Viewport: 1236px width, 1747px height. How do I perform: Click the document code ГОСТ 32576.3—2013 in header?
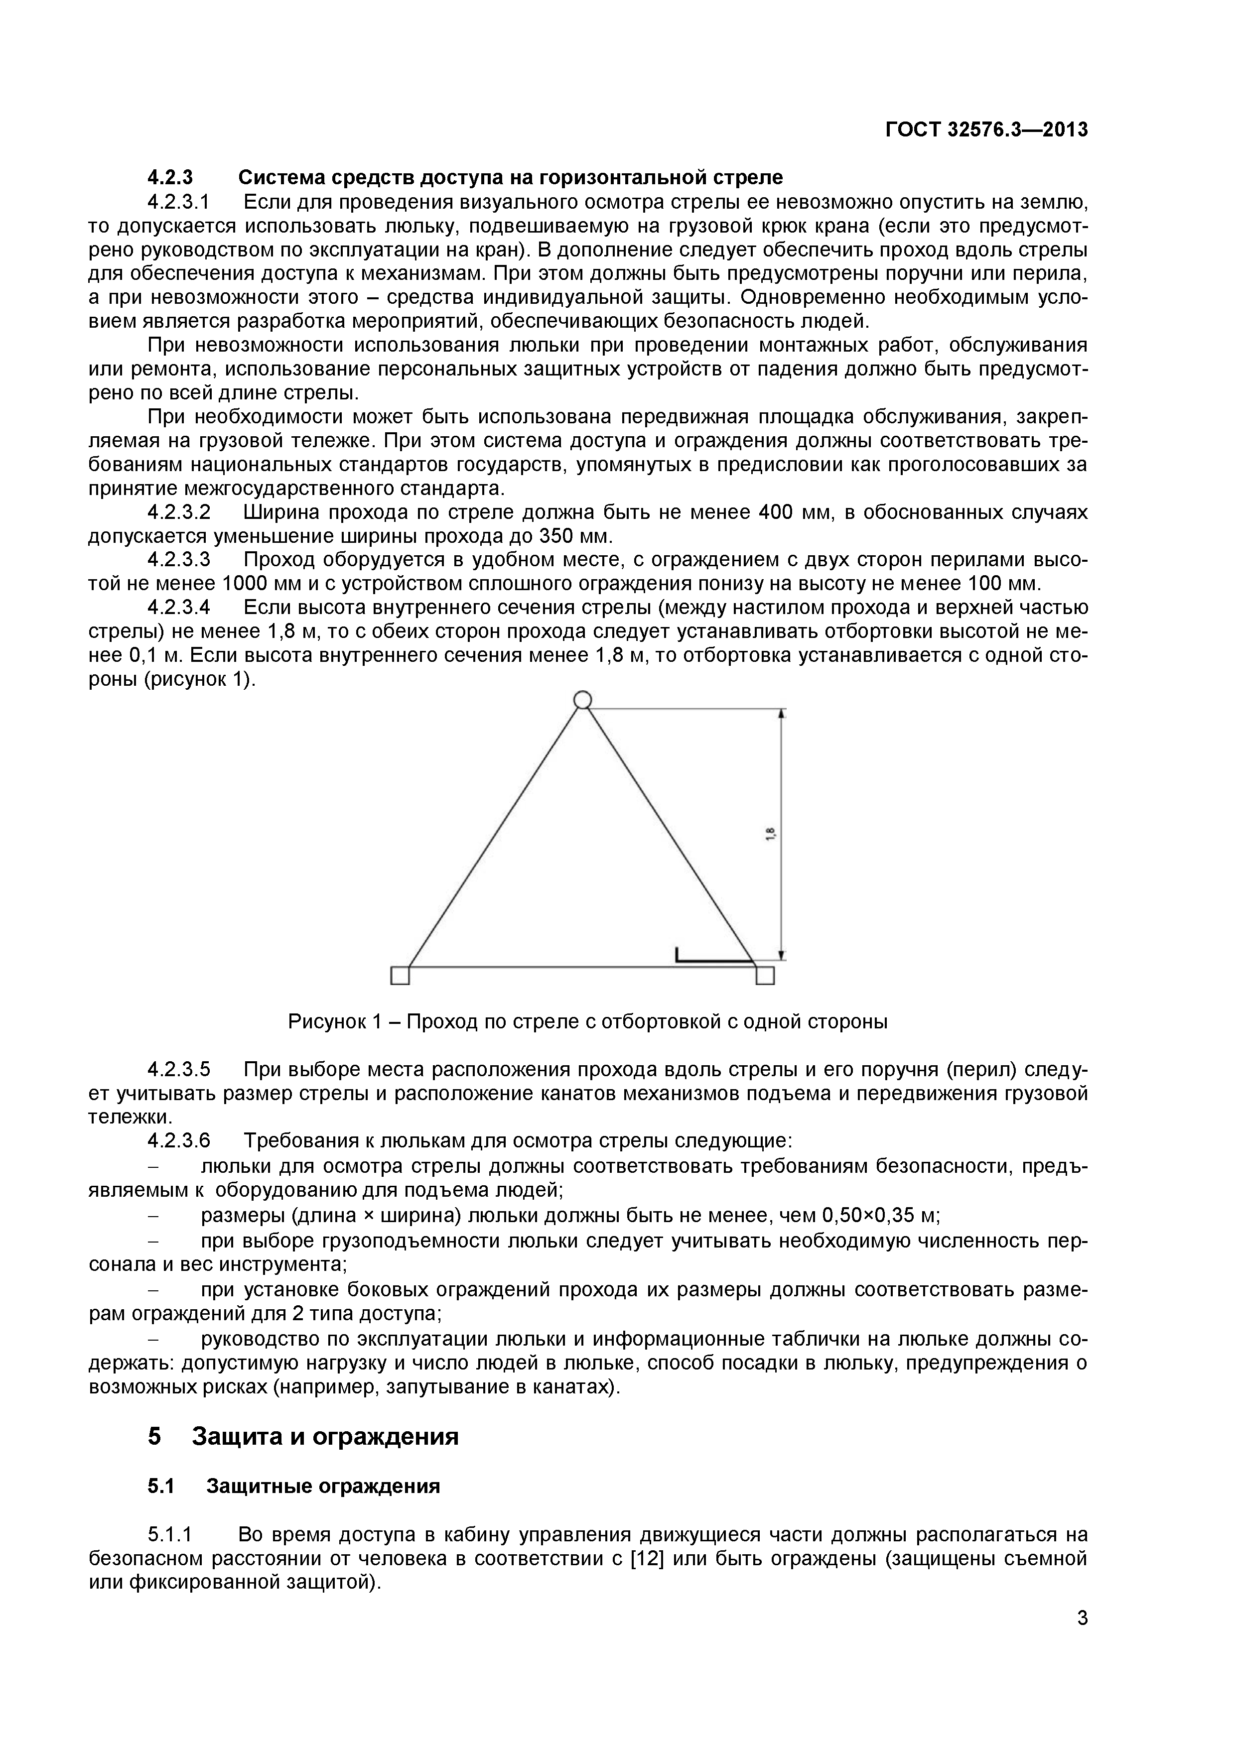click(x=986, y=130)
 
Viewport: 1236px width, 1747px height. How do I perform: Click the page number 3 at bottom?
click(x=1082, y=1640)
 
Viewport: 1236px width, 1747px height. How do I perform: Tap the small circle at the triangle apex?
click(x=582, y=699)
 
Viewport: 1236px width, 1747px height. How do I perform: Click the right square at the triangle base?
click(x=765, y=976)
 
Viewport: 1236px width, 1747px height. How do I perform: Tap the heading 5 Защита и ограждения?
click(x=303, y=1437)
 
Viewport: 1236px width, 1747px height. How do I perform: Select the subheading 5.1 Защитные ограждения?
click(x=294, y=1487)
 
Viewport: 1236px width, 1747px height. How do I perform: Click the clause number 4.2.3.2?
click(x=179, y=513)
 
